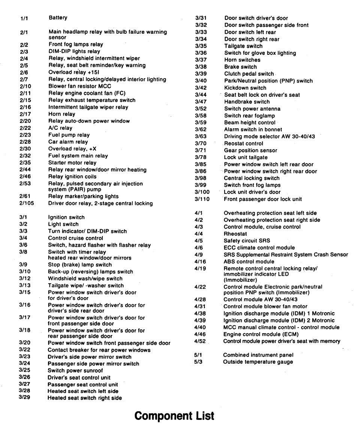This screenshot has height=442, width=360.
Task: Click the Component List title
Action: click(x=174, y=416)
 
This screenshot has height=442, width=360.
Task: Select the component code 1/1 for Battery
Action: click(x=23, y=18)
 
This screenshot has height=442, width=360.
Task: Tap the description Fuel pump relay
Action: click(x=69, y=135)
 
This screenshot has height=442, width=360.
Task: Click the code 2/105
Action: click(x=26, y=204)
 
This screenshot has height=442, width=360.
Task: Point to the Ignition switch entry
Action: click(x=66, y=217)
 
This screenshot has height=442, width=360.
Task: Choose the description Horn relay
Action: click(x=62, y=114)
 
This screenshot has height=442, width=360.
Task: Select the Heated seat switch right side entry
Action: click(x=84, y=398)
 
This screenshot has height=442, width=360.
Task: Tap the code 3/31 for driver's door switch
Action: click(x=200, y=18)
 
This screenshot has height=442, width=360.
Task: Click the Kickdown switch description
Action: click(x=245, y=88)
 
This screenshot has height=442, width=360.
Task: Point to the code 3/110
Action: click(x=202, y=199)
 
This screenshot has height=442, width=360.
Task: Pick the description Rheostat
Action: click(x=235, y=234)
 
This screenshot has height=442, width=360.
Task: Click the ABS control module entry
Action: click(x=249, y=262)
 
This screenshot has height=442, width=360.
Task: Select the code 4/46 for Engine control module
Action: click(x=199, y=334)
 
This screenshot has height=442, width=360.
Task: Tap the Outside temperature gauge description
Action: click(x=258, y=362)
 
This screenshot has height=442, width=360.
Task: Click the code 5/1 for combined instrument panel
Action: click(x=198, y=355)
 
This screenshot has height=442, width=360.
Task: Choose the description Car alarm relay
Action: click(x=68, y=142)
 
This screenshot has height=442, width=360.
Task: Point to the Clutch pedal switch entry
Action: click(x=249, y=74)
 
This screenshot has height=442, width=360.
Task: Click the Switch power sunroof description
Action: click(x=71, y=371)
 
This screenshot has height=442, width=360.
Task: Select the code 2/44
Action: click(x=25, y=170)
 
